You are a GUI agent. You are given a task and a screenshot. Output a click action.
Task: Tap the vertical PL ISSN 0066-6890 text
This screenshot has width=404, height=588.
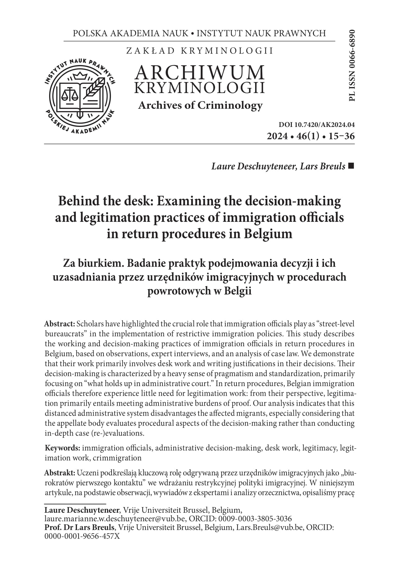click(x=351, y=65)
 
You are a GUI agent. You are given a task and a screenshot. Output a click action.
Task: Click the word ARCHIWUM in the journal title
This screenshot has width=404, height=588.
click(x=200, y=72)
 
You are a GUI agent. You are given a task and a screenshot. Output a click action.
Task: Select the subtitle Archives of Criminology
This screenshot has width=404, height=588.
click(x=200, y=105)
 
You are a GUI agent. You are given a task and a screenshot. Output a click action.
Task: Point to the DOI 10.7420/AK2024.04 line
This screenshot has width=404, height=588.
click(x=317, y=125)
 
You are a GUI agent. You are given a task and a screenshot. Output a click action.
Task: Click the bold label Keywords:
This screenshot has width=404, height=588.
click(x=62, y=448)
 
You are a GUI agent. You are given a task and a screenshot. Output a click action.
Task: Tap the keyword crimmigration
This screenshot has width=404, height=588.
click(x=117, y=458)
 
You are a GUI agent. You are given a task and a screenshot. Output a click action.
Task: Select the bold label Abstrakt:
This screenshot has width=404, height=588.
click(x=60, y=473)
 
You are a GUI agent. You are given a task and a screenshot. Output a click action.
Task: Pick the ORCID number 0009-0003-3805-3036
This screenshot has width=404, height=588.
click(x=255, y=519)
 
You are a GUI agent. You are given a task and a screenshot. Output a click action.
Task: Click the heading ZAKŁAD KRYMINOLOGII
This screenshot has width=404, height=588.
click(x=200, y=51)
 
